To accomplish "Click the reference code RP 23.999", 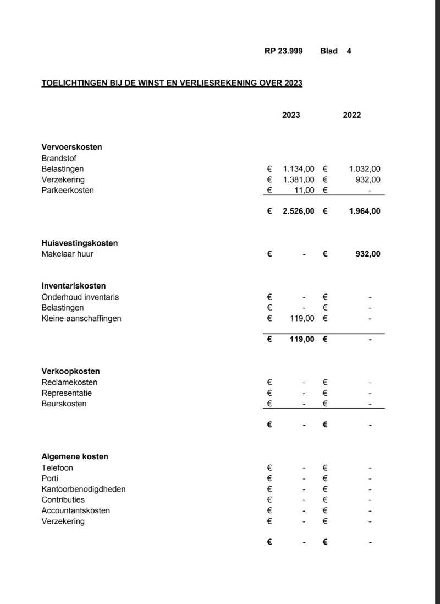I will [x=283, y=51].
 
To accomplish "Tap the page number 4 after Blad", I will [x=349, y=51].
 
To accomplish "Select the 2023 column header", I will [x=291, y=115].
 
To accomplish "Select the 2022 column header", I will [x=352, y=115].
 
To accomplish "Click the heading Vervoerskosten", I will [x=71, y=147].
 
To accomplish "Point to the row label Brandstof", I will [x=60, y=158].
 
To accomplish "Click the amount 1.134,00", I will [x=299, y=169].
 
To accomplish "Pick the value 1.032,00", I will [x=365, y=169].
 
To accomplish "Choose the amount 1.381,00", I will [x=299, y=179].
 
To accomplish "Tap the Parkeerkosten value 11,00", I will [x=304, y=191].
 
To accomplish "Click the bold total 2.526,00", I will [x=298, y=211].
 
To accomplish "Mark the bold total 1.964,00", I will [x=364, y=211].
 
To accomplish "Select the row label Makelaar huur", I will [x=67, y=254].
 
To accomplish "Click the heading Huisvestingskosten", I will [x=80, y=243].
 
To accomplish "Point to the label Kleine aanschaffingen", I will [x=81, y=318].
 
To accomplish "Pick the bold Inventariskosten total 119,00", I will [x=302, y=339].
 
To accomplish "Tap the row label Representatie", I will [x=67, y=393].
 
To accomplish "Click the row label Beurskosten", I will [x=64, y=404].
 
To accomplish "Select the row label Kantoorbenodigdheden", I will [x=84, y=489].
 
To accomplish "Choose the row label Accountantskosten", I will [x=75, y=510].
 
